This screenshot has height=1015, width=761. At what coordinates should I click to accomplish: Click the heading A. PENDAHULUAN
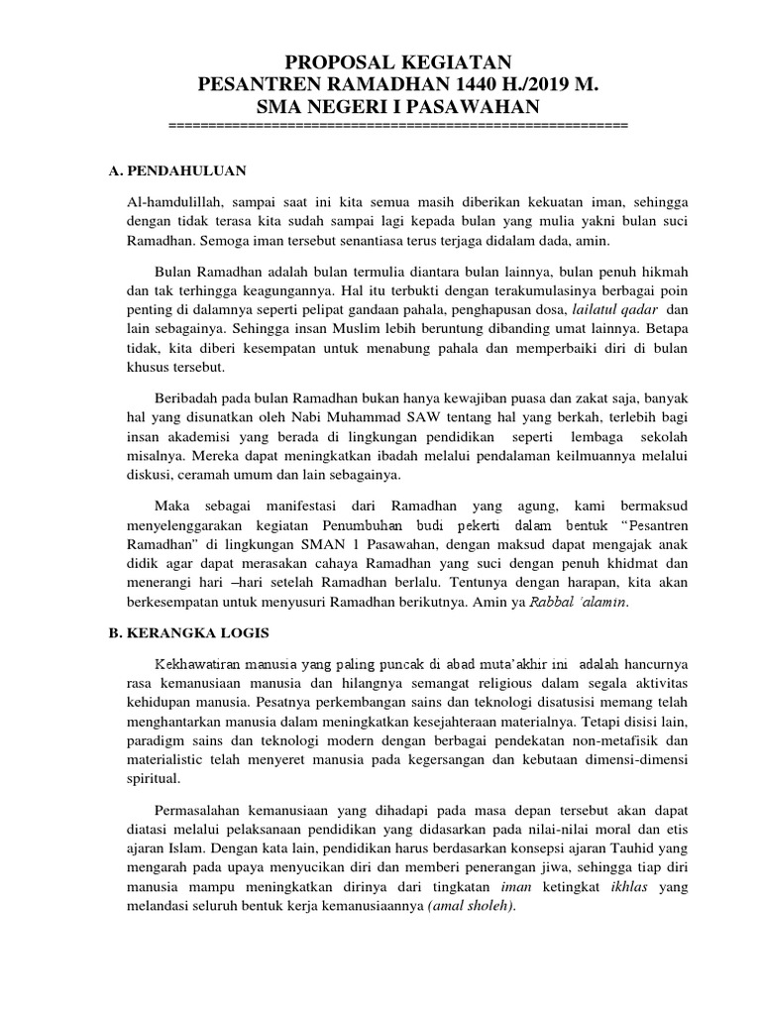177,170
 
